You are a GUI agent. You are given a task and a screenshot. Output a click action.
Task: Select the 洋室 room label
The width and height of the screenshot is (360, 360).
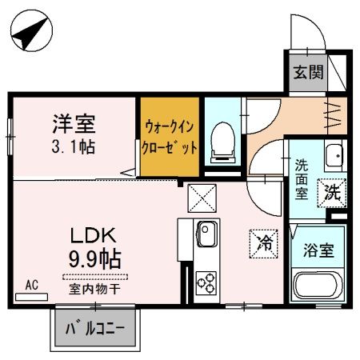tap(74, 124)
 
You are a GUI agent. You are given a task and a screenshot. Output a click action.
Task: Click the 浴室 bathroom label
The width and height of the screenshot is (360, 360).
tap(318, 249)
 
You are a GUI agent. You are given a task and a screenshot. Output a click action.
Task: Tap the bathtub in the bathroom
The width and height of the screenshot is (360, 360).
tap(318, 285)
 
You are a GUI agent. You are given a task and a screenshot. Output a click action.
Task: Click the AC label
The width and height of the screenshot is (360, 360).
tap(32, 285)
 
